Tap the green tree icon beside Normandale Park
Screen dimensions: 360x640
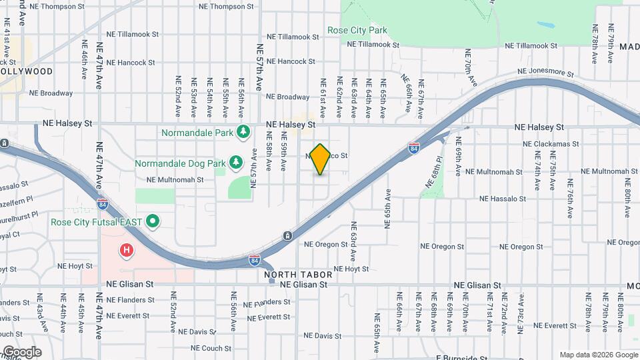pos(244,132)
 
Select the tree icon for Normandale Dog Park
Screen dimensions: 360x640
pos(235,163)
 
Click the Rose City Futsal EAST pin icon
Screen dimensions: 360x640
pos(153,221)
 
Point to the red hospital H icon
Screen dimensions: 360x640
pos(125,251)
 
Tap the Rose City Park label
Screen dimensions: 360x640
pos(357,30)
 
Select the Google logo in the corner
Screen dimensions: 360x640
pos(21,352)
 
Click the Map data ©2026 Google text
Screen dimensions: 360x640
pos(598,355)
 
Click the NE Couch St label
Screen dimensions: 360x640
pos(211,348)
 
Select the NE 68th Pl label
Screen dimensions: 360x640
pos(431,172)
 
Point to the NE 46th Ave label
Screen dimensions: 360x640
pos(85,55)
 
